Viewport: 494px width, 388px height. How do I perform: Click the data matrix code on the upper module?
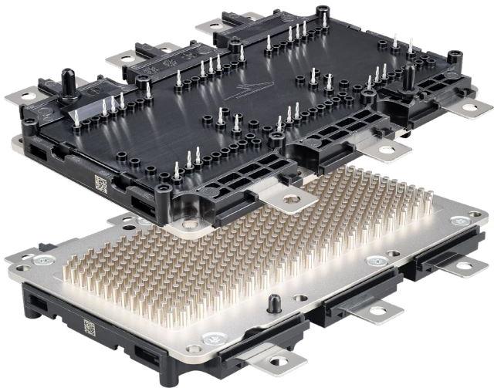(x=101, y=184)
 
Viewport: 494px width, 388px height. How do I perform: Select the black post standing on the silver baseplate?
(x=271, y=302)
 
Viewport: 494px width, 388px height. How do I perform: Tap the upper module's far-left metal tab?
(x=19, y=97)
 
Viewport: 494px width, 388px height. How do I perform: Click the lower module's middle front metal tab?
(x=374, y=310)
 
